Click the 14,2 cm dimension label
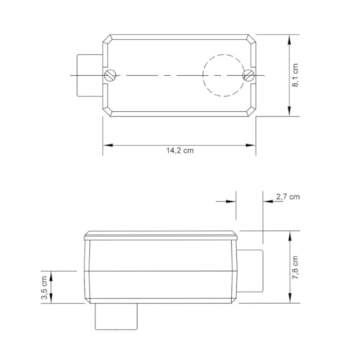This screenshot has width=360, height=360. point(181,151)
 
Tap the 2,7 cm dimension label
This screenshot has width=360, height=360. point(287,197)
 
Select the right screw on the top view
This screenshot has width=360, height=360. point(249,75)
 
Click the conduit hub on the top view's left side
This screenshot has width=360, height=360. point(88,75)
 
